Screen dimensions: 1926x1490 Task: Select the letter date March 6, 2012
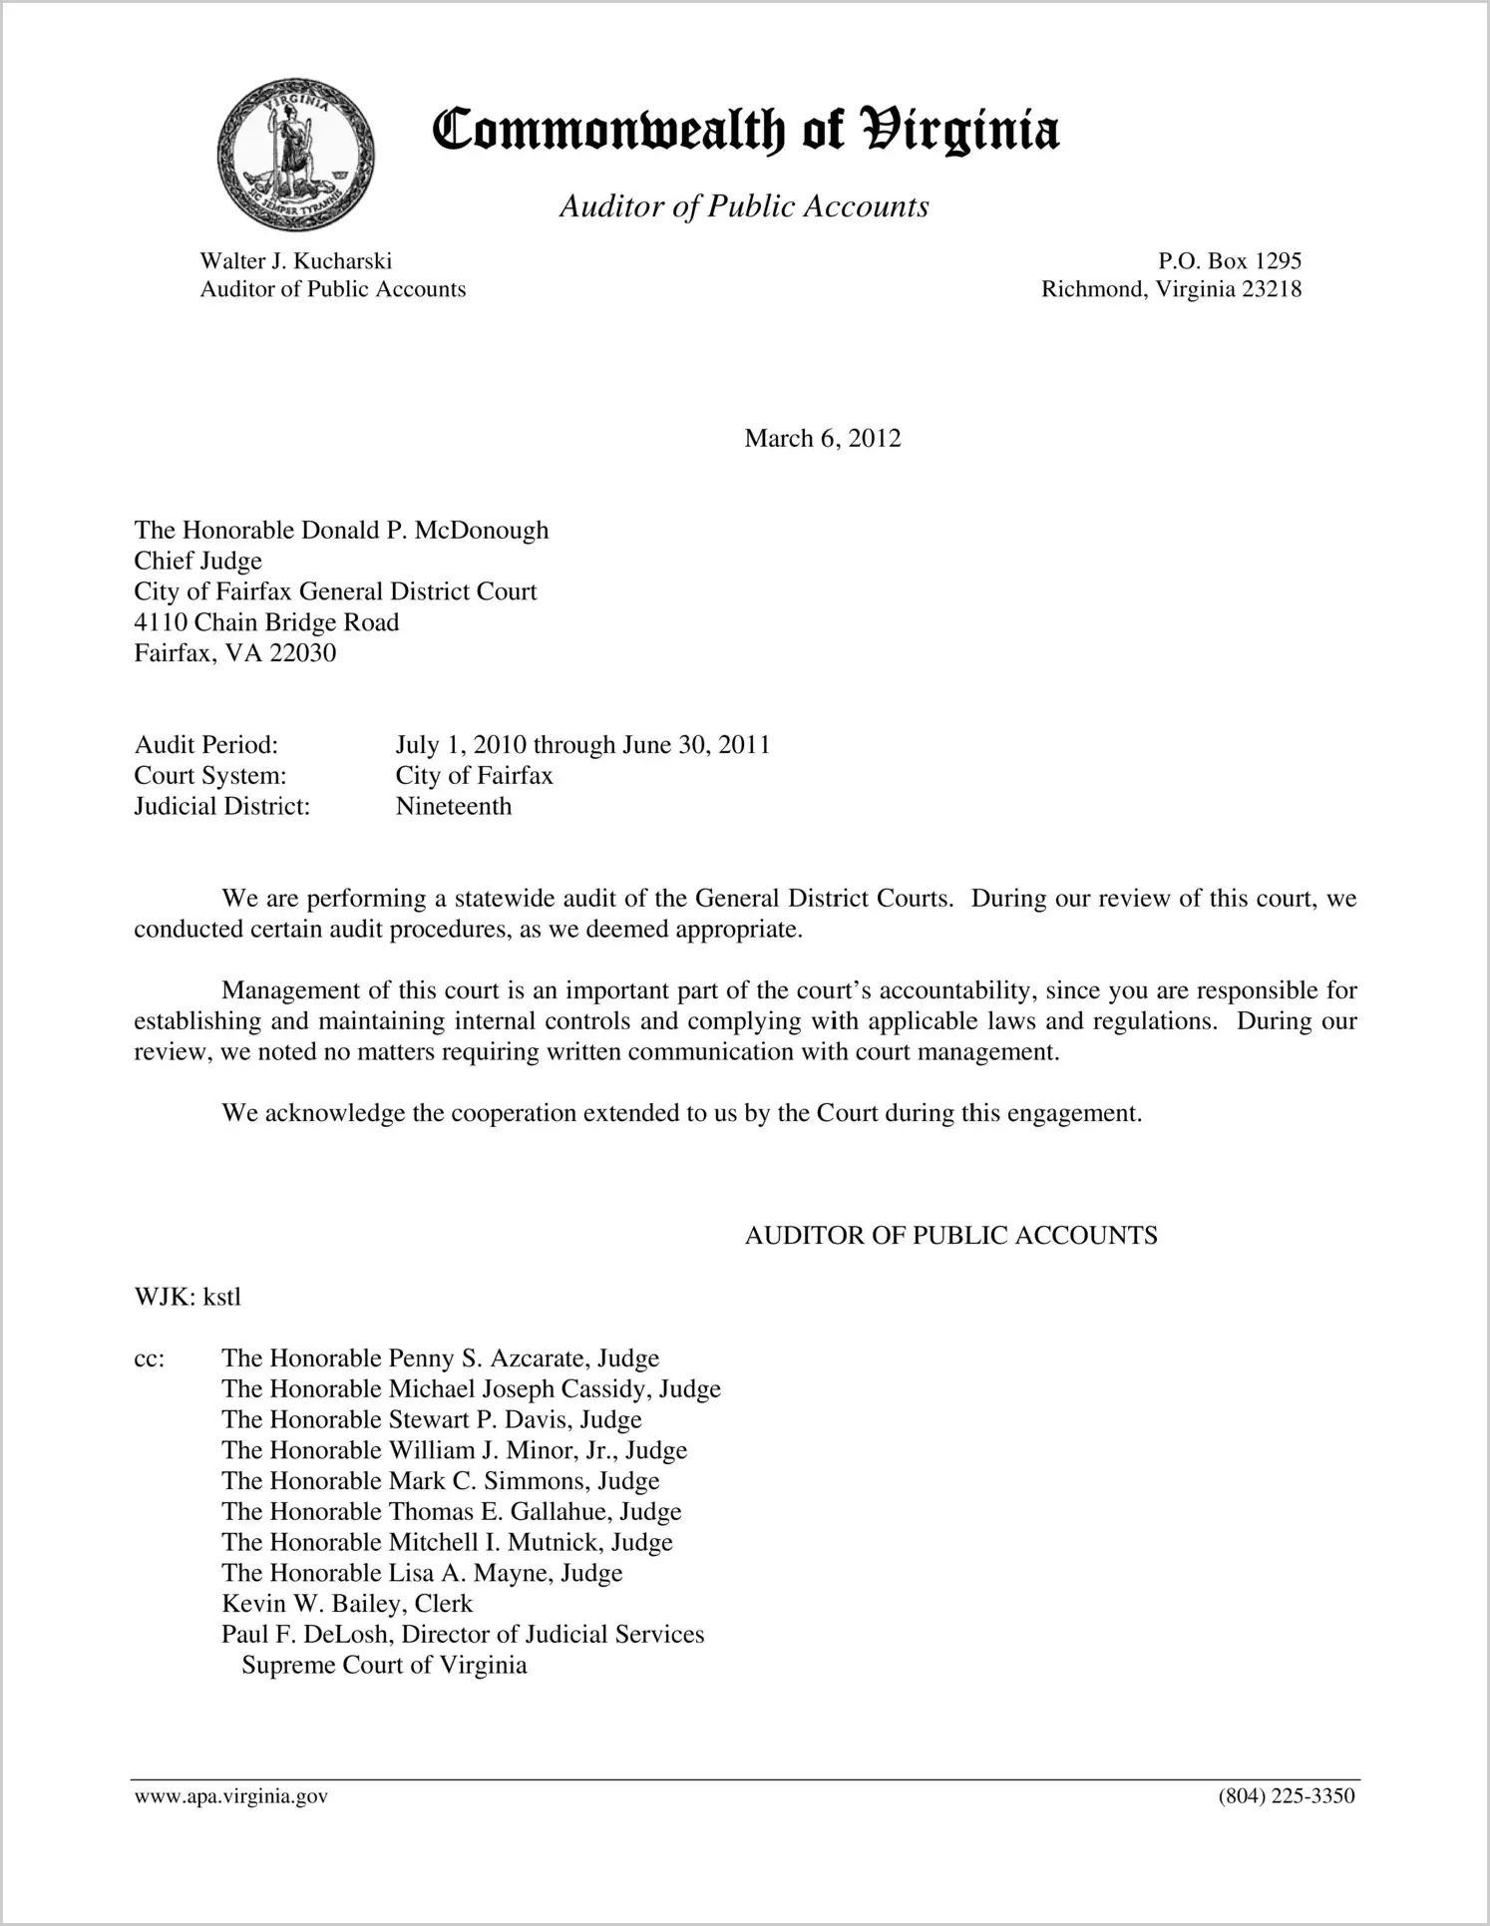[x=822, y=439]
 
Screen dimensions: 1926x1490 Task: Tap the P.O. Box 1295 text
[x=1229, y=261]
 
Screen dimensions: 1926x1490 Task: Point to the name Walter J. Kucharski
[x=296, y=261]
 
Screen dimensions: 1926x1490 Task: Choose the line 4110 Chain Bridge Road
[x=266, y=622]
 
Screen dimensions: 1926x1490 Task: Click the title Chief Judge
[x=197, y=561]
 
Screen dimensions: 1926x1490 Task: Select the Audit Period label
[x=205, y=745]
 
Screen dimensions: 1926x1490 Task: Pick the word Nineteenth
[x=453, y=806]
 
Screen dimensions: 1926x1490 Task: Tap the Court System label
[x=209, y=775]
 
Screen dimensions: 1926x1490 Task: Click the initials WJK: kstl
[x=187, y=1297]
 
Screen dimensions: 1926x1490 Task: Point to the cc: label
[x=149, y=1358]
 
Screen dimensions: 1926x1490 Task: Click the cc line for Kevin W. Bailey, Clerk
[x=347, y=1604]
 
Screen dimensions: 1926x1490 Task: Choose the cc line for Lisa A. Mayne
[x=422, y=1573]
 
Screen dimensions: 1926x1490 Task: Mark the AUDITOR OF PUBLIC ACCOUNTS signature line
[x=950, y=1236]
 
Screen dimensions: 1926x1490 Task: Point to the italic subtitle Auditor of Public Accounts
[x=744, y=206]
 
